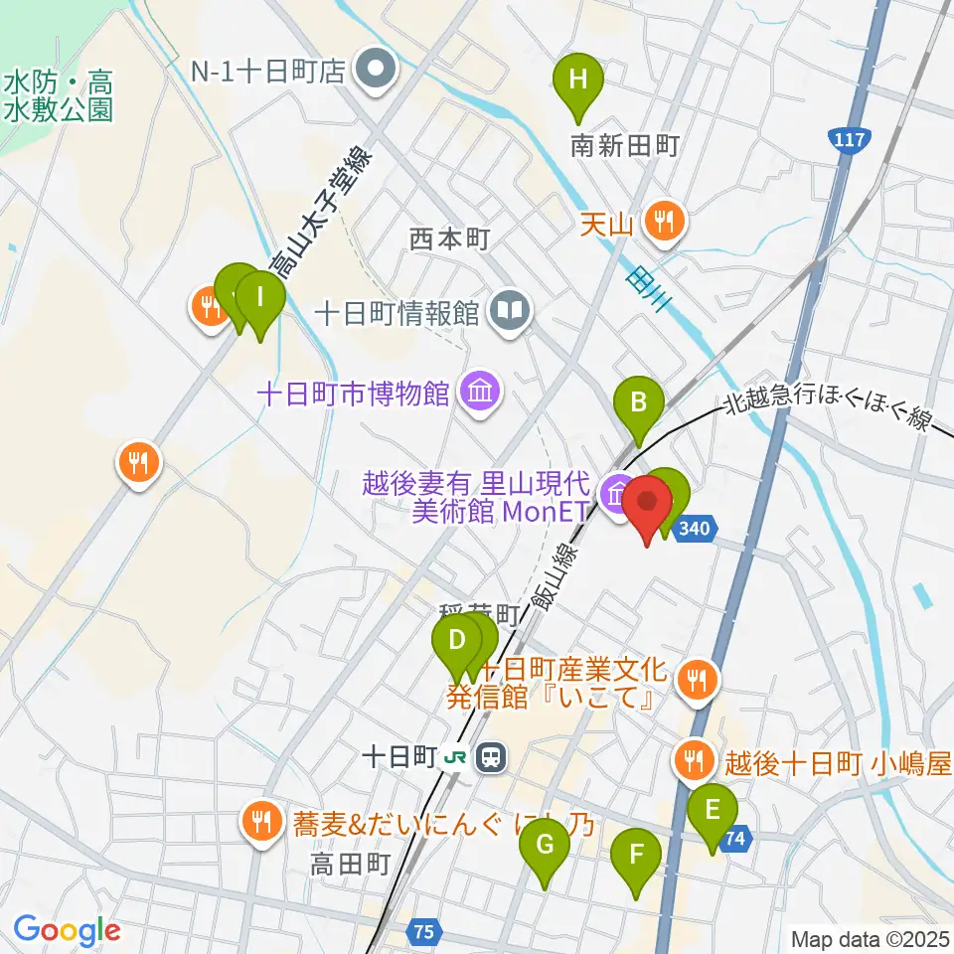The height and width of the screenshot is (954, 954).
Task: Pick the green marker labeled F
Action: click(636, 855)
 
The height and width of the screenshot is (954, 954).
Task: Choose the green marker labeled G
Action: click(545, 848)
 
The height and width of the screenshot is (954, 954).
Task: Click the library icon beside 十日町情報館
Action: click(511, 312)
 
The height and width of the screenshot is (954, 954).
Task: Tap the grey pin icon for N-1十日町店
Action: click(378, 71)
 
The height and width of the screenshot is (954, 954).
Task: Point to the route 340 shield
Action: click(696, 532)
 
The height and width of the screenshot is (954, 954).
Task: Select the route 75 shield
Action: click(424, 933)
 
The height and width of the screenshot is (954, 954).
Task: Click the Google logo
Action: click(66, 931)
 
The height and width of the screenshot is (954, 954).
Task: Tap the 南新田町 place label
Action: click(624, 147)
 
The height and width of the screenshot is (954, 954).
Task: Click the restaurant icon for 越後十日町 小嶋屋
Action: click(692, 762)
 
